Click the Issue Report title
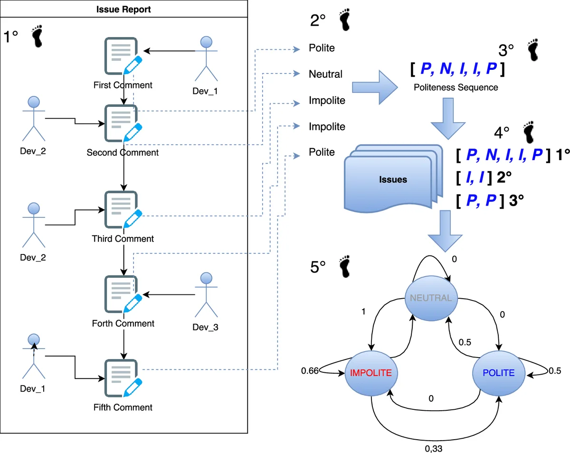click(x=123, y=9)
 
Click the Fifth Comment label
click(x=123, y=407)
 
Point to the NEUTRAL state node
click(x=431, y=298)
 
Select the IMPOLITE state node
click(x=370, y=373)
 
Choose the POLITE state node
click(x=498, y=373)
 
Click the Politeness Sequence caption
click(x=456, y=87)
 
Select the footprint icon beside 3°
click(x=534, y=50)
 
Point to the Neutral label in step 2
click(x=325, y=74)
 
